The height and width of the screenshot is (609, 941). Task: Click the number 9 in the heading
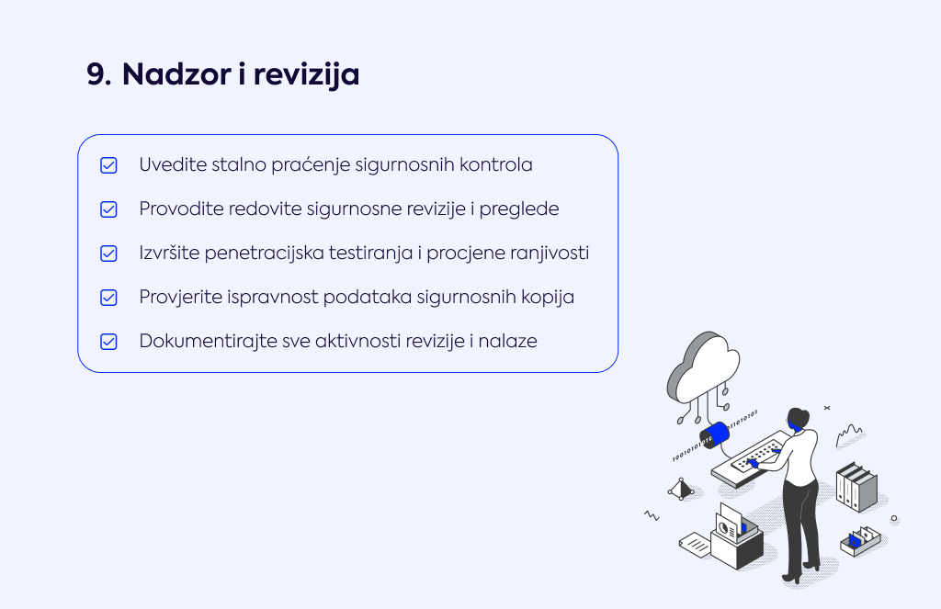coord(98,74)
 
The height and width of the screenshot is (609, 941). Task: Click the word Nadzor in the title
coord(176,74)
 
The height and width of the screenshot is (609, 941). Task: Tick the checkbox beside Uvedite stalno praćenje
coord(108,165)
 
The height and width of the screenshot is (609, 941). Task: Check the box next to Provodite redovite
coord(108,209)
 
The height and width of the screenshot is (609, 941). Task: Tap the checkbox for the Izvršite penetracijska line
coord(108,254)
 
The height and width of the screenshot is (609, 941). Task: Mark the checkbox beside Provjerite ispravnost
coord(108,298)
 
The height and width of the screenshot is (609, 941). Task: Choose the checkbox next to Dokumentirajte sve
coord(108,342)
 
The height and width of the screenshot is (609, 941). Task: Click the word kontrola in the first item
coord(495,164)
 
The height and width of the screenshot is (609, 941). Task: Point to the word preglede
coord(519,209)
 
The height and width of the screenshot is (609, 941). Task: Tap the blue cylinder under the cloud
coord(715,434)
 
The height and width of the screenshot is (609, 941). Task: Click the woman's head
coord(799,418)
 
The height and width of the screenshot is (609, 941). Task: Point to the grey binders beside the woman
coord(856,487)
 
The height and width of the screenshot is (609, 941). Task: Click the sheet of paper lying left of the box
coord(695,544)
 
